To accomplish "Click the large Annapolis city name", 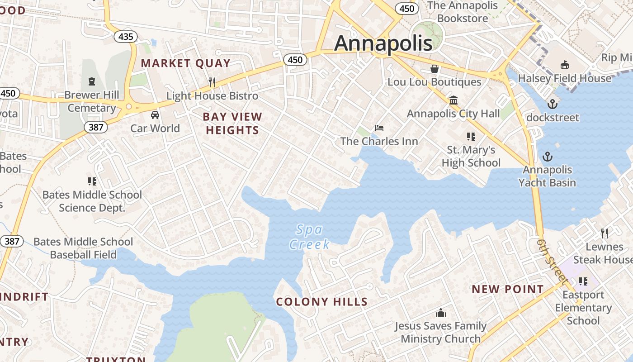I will click(x=383, y=43).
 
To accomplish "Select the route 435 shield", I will click(x=125, y=36).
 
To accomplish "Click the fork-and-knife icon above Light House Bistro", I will click(x=212, y=82).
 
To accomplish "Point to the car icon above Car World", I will click(x=155, y=115).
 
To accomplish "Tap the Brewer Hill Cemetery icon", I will click(x=92, y=81).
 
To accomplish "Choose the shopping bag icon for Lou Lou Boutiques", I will click(x=435, y=69).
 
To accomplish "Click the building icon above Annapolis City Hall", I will click(x=453, y=100).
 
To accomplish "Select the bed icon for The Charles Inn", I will click(x=379, y=128).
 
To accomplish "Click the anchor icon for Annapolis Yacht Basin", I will click(x=548, y=157).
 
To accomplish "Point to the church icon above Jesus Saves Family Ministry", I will click(x=440, y=313).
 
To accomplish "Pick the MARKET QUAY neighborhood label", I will click(x=186, y=63).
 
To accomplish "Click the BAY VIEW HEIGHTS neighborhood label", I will click(x=232, y=124).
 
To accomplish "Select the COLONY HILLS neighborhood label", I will click(x=321, y=302).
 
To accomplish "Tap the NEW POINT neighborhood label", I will click(x=508, y=289).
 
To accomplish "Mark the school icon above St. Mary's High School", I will click(x=471, y=137).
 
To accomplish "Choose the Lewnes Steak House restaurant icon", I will click(x=604, y=233).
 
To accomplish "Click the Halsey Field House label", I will click(x=564, y=78).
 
